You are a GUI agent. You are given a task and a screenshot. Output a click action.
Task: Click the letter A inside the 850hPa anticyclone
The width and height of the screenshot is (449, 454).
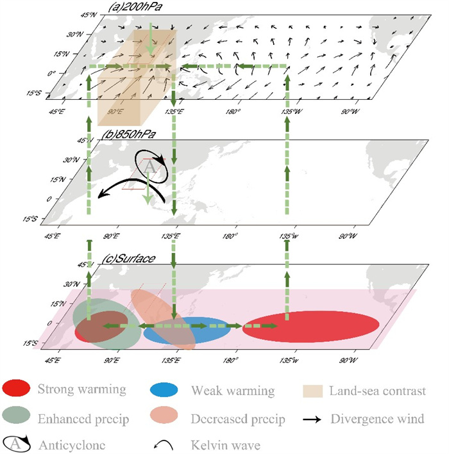(149, 166)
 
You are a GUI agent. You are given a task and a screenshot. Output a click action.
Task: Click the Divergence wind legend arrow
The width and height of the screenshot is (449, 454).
(314, 419)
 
